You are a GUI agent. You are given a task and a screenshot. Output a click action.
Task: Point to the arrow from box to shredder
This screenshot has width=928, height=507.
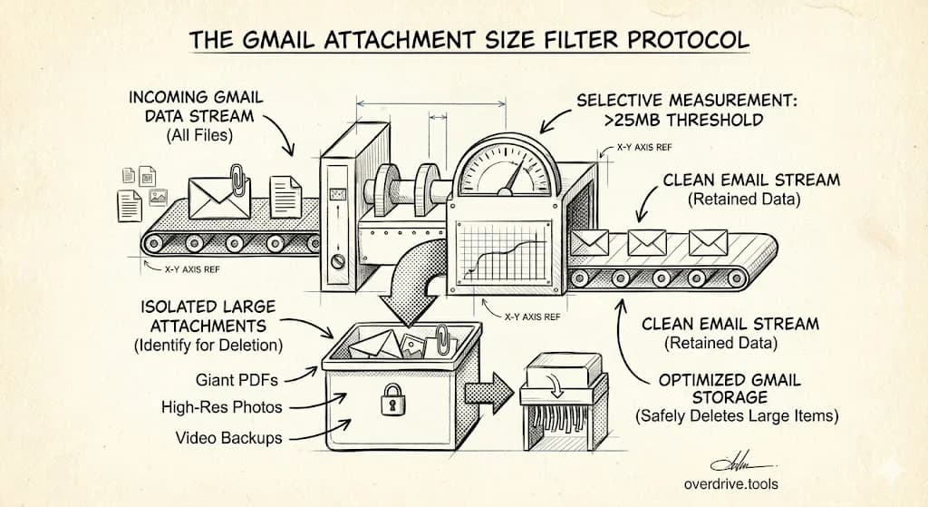point(488,393)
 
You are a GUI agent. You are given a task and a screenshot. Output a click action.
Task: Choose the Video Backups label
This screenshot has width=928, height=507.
point(228,437)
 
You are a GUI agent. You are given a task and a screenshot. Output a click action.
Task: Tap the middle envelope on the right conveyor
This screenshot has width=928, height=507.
point(647,242)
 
